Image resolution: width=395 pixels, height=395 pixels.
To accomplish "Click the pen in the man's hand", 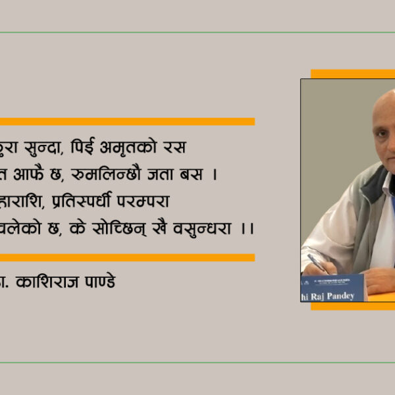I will (319, 263).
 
